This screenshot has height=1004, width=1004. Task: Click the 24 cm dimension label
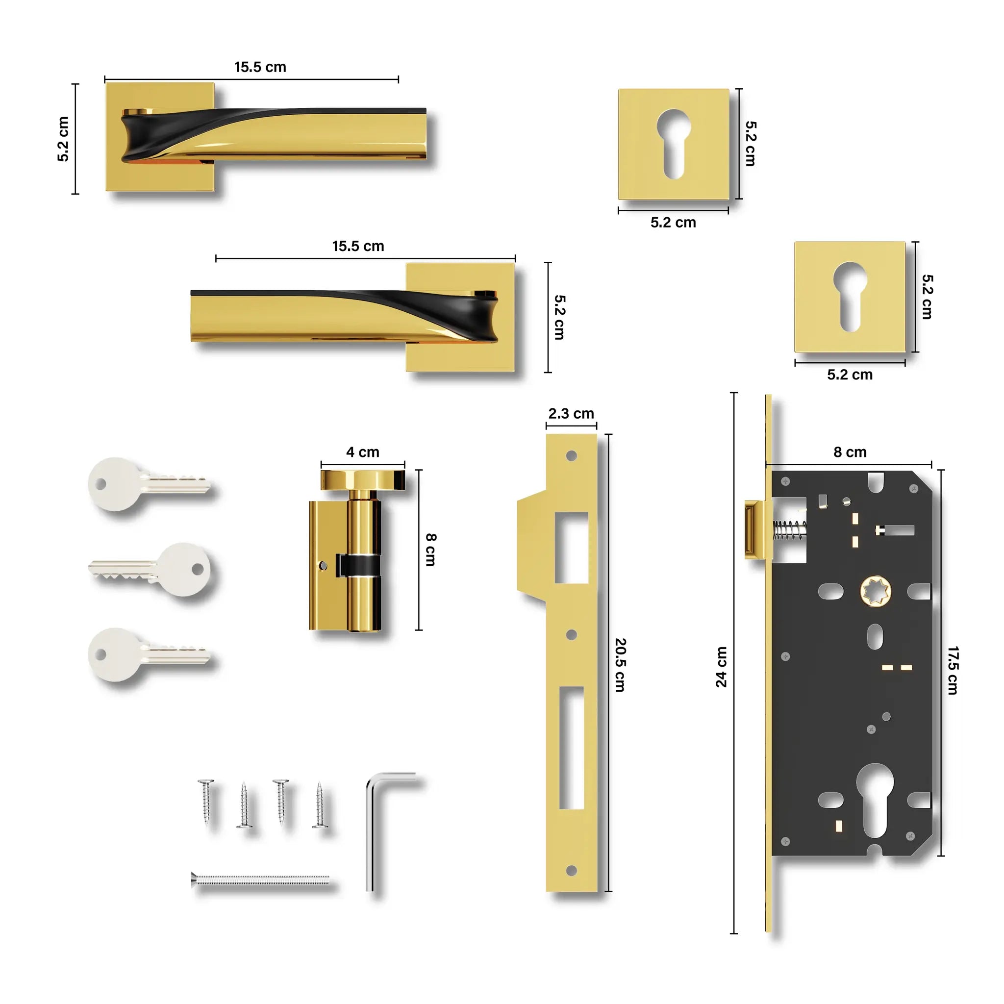click(x=721, y=667)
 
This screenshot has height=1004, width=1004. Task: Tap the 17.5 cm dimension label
click(x=952, y=670)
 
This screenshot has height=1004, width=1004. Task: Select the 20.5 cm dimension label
click(x=620, y=665)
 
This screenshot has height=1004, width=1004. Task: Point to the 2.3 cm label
click(x=571, y=414)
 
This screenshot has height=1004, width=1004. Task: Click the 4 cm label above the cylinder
click(x=363, y=452)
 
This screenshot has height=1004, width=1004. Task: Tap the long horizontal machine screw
click(x=260, y=879)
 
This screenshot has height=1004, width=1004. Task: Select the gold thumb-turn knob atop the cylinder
click(x=362, y=479)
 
